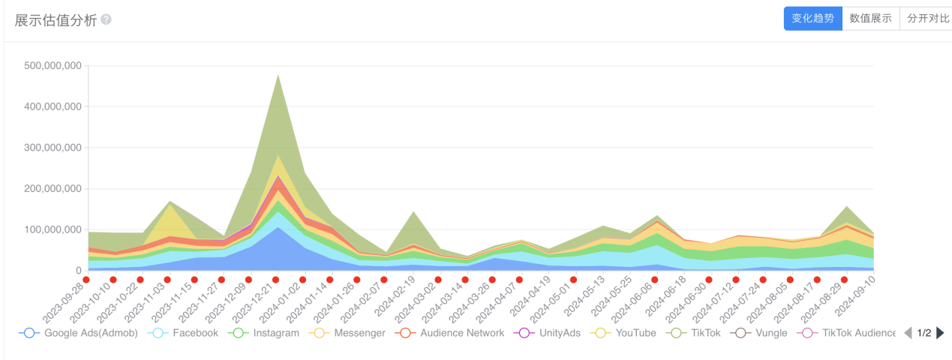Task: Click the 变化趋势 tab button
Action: [812, 19]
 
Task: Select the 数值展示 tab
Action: [870, 19]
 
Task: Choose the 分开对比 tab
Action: [927, 19]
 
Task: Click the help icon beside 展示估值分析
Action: [107, 19]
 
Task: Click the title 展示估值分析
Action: [56, 20]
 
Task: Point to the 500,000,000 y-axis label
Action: [53, 66]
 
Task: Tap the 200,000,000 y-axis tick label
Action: [53, 189]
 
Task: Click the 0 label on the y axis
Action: [78, 271]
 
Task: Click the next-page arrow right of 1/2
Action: [941, 333]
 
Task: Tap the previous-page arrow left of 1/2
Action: [908, 333]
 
